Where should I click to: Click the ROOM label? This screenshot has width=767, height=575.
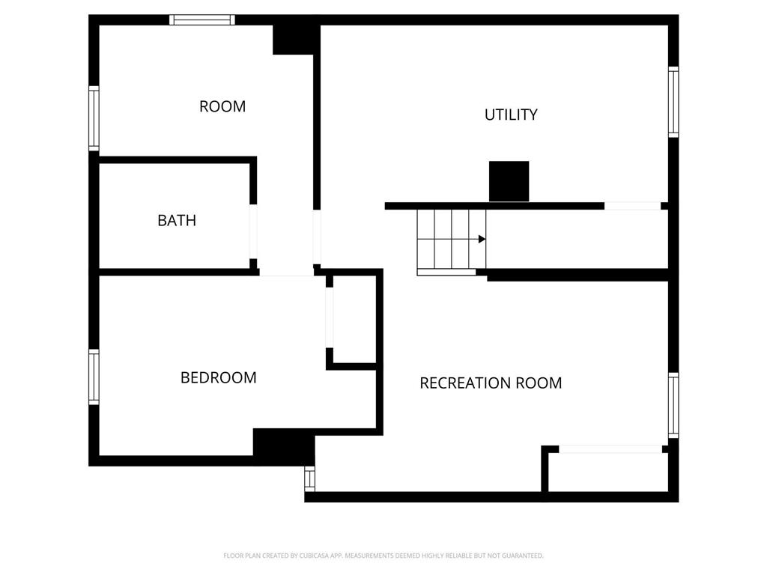coord(222,106)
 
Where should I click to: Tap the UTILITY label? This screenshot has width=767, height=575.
coord(511,115)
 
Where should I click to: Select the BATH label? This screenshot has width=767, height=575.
coord(177,220)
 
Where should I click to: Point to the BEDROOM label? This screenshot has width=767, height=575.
coord(218,377)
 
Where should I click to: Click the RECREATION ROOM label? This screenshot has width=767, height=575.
coord(491,383)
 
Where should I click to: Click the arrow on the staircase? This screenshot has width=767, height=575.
coord(482,239)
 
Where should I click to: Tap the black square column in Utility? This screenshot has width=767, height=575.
coord(509,180)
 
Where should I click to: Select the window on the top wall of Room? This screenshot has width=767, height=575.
coord(202,20)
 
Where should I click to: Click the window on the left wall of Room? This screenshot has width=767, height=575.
coord(94,118)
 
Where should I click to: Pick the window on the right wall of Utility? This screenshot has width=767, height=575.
coord(673,103)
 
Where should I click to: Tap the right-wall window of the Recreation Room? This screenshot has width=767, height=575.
coord(673,405)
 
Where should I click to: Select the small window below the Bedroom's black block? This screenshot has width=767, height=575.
coord(309,478)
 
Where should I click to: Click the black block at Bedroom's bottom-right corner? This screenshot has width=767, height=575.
coord(283,445)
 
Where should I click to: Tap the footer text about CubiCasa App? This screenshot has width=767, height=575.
coord(383,556)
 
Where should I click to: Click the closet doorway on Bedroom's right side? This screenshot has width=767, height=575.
coord(329,317)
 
